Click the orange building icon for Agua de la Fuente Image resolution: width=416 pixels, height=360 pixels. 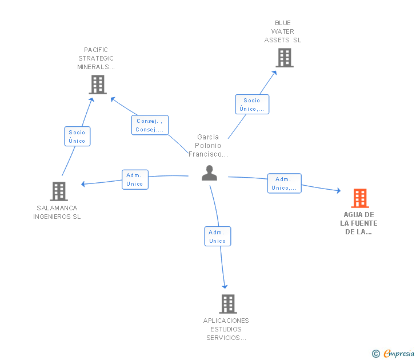[x=360, y=198]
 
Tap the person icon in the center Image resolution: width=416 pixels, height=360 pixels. [x=209, y=173]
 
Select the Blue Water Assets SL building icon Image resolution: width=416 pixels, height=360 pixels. [x=285, y=58]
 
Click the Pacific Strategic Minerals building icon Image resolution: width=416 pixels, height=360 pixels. [x=98, y=85]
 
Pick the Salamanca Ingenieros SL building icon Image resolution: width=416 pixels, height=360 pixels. [x=59, y=191]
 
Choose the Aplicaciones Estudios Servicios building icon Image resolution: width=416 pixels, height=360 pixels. [x=228, y=304]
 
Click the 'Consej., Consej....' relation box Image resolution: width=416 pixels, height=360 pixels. [x=150, y=125]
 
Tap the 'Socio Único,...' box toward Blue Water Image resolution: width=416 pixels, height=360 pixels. [x=252, y=104]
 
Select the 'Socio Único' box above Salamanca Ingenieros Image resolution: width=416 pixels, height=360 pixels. [x=77, y=137]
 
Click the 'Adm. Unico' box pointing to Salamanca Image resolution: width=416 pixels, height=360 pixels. [x=135, y=179]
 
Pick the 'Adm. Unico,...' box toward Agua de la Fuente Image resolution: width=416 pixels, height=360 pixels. [x=285, y=183]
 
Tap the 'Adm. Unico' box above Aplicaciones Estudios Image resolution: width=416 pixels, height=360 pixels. [x=218, y=237]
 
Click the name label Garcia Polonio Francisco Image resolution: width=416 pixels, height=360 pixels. [x=208, y=145]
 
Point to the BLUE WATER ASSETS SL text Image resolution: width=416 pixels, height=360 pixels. [x=283, y=31]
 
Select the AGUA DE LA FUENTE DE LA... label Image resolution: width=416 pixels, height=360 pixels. [x=359, y=223]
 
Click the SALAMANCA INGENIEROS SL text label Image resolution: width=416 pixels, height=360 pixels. [x=57, y=212]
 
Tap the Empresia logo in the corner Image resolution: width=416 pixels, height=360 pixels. [x=393, y=353]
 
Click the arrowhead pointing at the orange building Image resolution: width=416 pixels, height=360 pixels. [x=339, y=190]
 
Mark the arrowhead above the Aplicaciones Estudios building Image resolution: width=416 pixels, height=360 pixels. [x=225, y=286]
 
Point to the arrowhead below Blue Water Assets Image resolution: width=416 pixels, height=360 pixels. [x=275, y=73]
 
